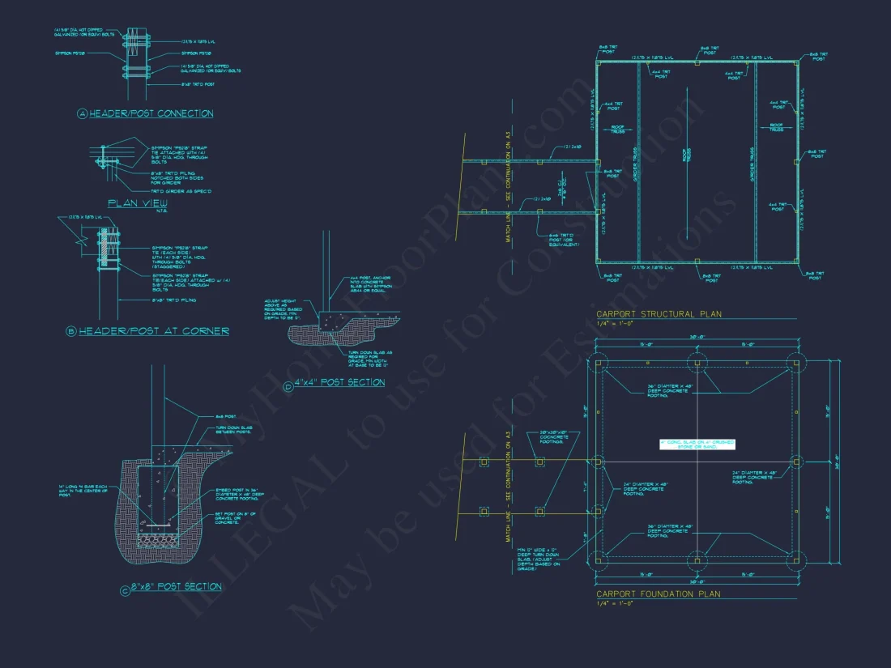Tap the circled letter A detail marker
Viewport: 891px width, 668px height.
tap(82, 114)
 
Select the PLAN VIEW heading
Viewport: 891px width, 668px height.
tap(138, 203)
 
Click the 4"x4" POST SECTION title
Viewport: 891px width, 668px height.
tap(339, 382)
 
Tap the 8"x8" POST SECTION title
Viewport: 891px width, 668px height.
tap(176, 587)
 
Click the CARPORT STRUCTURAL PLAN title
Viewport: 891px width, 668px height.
tap(659, 314)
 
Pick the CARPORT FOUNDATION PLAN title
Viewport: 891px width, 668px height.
tap(658, 594)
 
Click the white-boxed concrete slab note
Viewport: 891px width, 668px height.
tap(697, 444)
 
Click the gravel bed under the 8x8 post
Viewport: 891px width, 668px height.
tap(159, 538)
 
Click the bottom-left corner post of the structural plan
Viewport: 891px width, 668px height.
tap(598, 262)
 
